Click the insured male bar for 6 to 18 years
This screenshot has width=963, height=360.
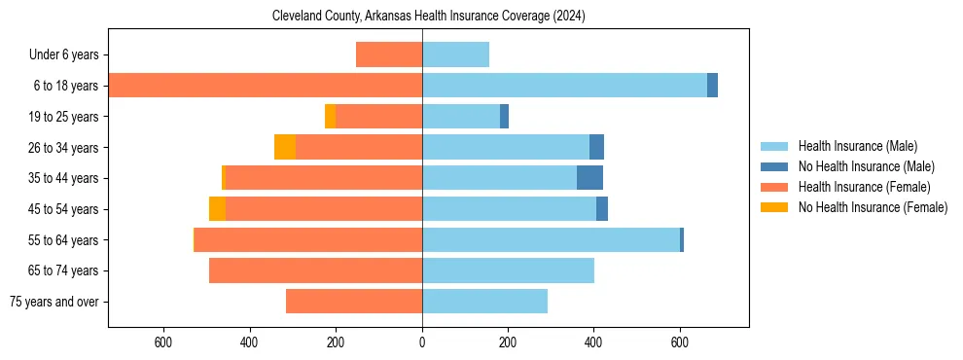(564, 86)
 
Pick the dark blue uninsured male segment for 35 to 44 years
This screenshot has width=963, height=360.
(589, 178)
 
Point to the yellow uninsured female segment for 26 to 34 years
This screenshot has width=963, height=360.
(285, 147)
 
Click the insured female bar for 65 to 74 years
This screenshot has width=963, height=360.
(315, 270)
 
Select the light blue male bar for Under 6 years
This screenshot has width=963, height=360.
(455, 54)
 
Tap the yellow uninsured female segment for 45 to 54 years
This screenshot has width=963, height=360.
(217, 209)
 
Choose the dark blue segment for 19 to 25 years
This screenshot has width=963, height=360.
(504, 117)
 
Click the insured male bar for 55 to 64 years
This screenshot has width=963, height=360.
(551, 239)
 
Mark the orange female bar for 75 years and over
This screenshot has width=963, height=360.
(354, 302)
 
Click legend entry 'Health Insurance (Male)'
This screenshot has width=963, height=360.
(857, 146)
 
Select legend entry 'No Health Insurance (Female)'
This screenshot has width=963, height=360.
(873, 207)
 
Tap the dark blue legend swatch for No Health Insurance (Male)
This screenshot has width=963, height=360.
(775, 166)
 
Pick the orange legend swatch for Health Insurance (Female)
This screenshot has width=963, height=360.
(775, 187)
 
